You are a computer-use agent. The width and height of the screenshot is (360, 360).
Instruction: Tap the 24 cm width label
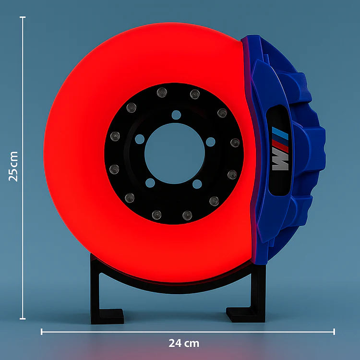184,343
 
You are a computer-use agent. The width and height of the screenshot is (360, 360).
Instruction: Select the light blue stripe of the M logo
284,134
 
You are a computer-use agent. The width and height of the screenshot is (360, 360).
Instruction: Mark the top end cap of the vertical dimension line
23,17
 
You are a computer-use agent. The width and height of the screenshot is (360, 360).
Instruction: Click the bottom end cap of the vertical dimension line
23,318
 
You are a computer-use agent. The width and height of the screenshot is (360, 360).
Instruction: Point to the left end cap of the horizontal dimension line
42,331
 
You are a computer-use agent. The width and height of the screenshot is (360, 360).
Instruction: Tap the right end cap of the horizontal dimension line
334,331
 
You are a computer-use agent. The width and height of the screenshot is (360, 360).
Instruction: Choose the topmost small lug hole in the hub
176,115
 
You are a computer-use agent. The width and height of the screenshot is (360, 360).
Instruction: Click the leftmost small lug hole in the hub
140,139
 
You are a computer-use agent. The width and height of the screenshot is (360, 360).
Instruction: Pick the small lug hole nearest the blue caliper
210,141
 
